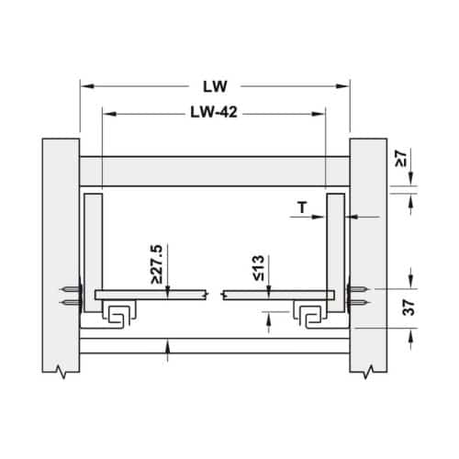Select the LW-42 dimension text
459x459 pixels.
[214, 115]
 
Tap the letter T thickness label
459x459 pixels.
[303, 209]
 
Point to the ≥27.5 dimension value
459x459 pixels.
[159, 261]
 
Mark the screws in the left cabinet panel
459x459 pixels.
[71, 296]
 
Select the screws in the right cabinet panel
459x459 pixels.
[361, 296]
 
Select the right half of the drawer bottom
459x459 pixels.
[275, 296]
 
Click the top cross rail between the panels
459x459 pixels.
[215, 172]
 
